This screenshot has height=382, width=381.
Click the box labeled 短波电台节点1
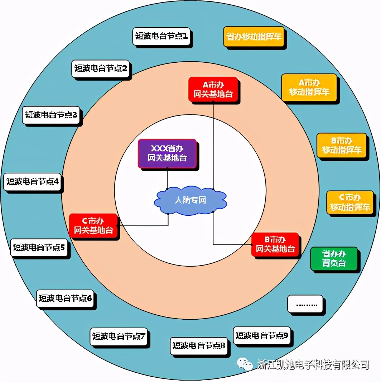point(162,36)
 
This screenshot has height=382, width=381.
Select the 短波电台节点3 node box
point(51,115)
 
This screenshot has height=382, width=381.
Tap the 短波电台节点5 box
point(39,247)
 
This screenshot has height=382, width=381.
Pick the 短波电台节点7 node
point(119,336)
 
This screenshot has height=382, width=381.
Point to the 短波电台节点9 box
point(262,336)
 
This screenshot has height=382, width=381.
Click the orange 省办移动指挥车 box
point(254,37)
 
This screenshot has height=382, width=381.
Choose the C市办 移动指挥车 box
point(350,202)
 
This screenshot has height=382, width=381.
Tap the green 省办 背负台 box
point(334,258)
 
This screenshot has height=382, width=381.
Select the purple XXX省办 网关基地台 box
point(167,153)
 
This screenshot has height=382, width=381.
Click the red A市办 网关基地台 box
point(213,90)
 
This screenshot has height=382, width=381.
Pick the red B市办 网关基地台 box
point(275,244)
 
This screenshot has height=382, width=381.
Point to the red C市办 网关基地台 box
point(93,225)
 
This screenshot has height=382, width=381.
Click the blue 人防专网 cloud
point(190,200)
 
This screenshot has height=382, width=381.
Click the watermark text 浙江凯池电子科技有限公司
point(313,365)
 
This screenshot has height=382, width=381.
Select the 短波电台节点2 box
point(101,68)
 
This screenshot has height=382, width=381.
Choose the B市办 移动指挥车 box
point(342,145)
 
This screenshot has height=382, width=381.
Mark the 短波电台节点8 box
point(199,346)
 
